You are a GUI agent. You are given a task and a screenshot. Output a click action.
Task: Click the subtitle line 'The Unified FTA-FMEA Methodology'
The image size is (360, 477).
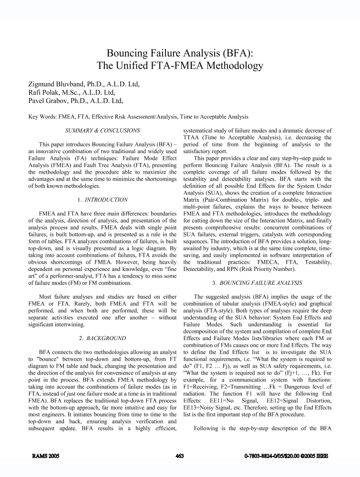(180, 65)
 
